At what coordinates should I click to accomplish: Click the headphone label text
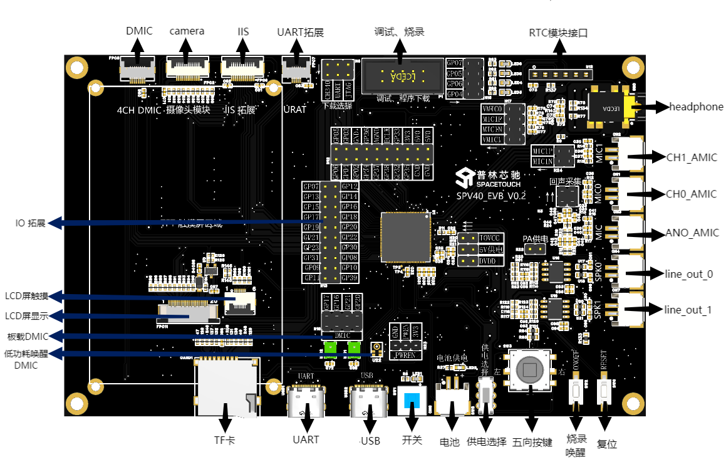(696, 107)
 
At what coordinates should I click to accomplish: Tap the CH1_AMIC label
(691, 157)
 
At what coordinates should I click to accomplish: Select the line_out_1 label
(687, 310)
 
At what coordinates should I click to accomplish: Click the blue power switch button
(412, 401)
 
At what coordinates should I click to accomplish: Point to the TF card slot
(227, 387)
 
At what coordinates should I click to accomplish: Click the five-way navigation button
(530, 371)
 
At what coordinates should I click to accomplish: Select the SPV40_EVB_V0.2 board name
(490, 196)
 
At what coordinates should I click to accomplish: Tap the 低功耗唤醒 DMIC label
(26, 359)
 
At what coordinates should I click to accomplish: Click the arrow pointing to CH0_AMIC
(652, 194)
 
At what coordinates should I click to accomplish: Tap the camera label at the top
(187, 31)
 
